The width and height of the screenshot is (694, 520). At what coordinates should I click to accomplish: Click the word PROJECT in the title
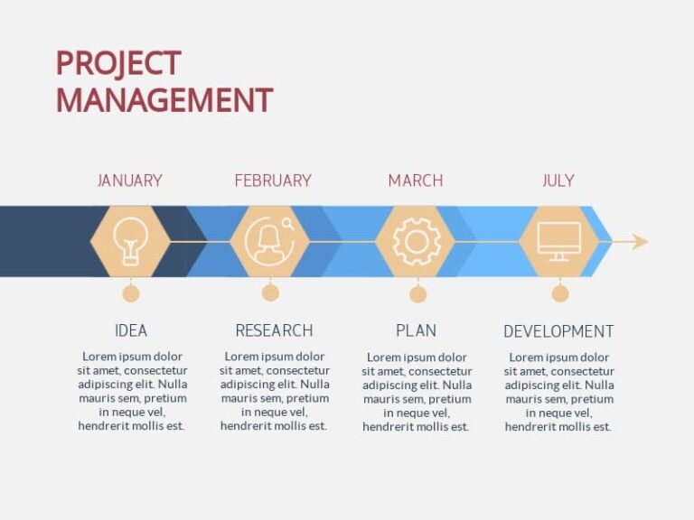[118, 63]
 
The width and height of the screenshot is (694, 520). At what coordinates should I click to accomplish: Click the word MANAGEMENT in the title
[164, 99]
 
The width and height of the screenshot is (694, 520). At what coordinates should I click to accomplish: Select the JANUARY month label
[130, 181]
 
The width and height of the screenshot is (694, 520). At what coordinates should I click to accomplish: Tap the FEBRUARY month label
[273, 181]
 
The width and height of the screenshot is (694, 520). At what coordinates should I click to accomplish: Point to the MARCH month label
[416, 181]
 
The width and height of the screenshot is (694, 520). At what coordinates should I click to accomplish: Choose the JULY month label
[558, 181]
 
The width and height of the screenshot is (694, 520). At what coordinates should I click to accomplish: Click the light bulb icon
[130, 241]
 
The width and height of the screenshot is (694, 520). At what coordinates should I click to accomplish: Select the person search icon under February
[270, 241]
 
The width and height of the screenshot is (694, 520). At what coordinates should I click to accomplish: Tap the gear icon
[416, 241]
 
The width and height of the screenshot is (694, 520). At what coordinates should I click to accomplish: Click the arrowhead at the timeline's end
[640, 241]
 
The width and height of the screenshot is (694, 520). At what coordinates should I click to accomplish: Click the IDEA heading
[131, 330]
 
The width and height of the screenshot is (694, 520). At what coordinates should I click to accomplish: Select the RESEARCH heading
[274, 330]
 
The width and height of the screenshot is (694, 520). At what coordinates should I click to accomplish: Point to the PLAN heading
[416, 330]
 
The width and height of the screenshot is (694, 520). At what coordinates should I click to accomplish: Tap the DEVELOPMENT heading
[558, 331]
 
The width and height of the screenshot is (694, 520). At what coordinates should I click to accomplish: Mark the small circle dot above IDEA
[131, 293]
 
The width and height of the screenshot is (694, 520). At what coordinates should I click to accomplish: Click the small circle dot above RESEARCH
[270, 292]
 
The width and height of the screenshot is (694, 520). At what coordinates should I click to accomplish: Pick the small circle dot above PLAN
[417, 294]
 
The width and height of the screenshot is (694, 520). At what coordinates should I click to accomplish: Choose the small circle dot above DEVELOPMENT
[560, 293]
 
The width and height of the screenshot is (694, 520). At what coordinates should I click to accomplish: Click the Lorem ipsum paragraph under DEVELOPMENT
[558, 391]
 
